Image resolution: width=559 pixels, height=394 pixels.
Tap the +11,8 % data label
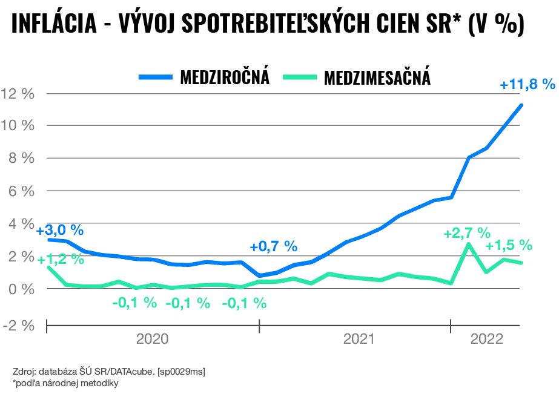527,84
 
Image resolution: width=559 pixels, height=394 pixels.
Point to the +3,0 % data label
59,231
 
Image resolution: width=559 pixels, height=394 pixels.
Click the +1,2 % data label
60,260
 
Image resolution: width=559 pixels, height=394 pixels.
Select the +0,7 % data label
273,246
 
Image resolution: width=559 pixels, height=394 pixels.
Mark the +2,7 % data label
466,233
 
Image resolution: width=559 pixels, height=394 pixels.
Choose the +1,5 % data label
509,245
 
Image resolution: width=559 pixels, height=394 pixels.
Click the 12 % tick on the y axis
18,94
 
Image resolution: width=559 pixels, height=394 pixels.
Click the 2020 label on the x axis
153,340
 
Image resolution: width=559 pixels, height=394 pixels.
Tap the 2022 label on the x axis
487,340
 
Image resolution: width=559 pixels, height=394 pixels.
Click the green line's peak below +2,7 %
468,244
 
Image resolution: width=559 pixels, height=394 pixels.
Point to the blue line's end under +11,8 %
521,105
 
